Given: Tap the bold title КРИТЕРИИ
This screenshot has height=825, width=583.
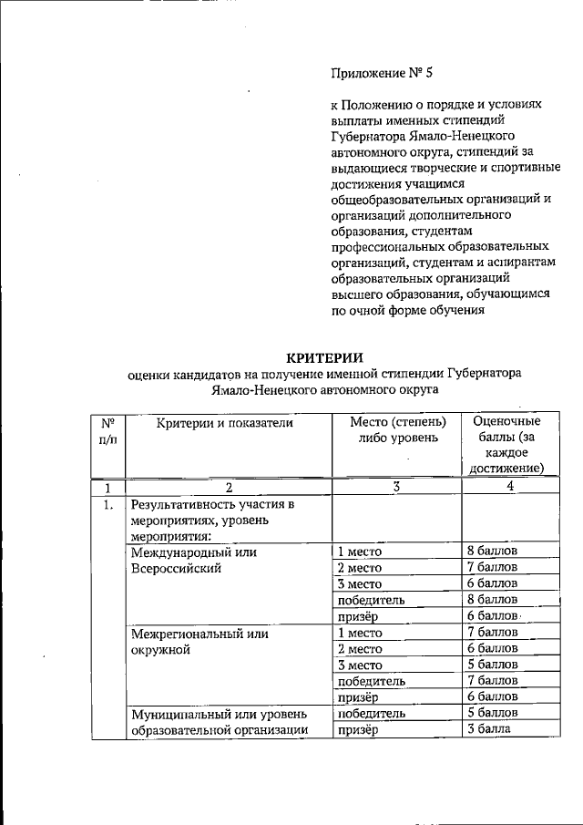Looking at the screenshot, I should [325, 356].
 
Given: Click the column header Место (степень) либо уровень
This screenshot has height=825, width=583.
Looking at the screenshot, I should [398, 429].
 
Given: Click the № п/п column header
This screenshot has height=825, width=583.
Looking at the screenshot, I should [107, 429].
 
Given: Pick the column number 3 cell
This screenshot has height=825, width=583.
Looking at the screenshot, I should [397, 487].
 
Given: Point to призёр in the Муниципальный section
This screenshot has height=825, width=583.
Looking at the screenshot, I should [358, 729].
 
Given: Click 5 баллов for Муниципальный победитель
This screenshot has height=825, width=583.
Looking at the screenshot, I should [491, 713].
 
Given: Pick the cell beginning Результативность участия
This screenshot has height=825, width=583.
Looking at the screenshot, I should [215, 520].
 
